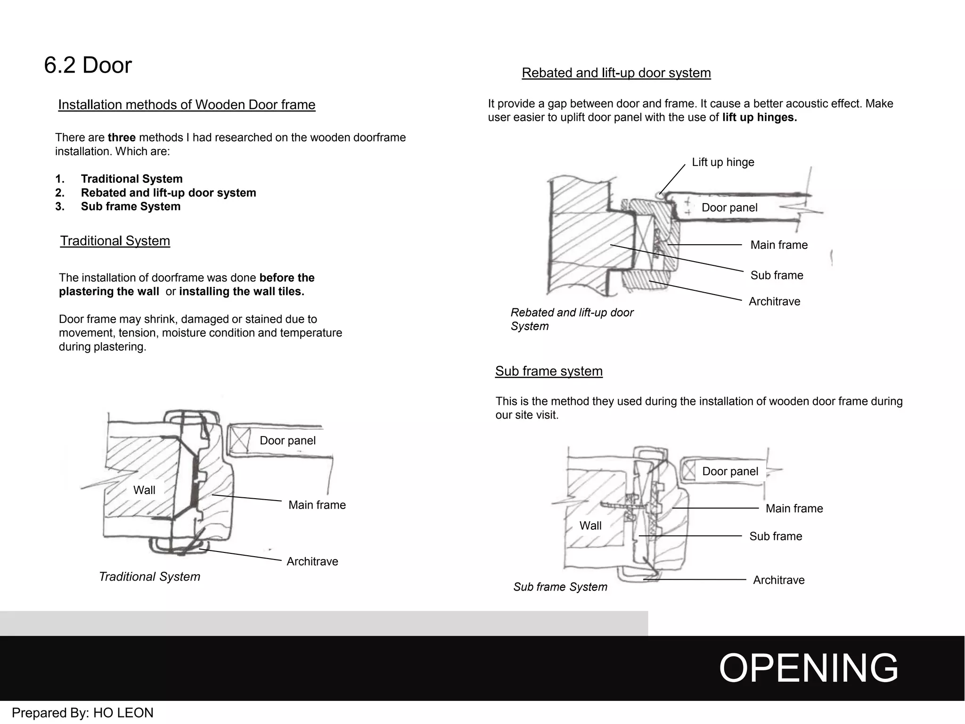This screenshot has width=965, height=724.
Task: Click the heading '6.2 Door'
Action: pyautogui.click(x=88, y=65)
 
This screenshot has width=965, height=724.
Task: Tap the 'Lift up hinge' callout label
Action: pyautogui.click(x=723, y=162)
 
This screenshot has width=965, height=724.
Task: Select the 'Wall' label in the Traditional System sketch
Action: pyautogui.click(x=144, y=490)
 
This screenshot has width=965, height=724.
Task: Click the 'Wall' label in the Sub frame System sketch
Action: pyautogui.click(x=590, y=526)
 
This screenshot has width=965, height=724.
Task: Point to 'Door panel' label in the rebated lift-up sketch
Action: pyautogui.click(x=729, y=208)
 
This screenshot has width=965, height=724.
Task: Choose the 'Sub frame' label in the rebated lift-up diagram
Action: pyautogui.click(x=777, y=275)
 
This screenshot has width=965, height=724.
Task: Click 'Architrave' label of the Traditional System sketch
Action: pyautogui.click(x=312, y=561)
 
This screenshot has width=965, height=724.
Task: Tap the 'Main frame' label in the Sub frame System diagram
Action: pyautogui.click(x=794, y=509)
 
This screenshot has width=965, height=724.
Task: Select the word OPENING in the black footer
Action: pyautogui.click(x=809, y=668)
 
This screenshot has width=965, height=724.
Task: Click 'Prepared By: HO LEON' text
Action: pyautogui.click(x=82, y=713)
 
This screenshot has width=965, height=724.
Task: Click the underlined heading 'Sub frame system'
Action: pyautogui.click(x=548, y=371)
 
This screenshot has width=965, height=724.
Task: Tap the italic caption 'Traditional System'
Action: pyautogui.click(x=149, y=576)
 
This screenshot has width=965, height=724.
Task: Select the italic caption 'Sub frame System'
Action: pyautogui.click(x=560, y=587)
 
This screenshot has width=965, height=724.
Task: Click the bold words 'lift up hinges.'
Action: pyautogui.click(x=760, y=117)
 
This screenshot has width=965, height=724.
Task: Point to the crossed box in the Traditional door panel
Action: pyautogui.click(x=240, y=440)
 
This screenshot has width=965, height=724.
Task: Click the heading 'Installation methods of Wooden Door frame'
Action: pyautogui.click(x=187, y=105)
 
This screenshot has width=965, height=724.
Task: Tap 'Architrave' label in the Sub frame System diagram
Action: pyautogui.click(x=778, y=580)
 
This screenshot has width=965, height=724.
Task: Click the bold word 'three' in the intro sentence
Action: pyautogui.click(x=122, y=138)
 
